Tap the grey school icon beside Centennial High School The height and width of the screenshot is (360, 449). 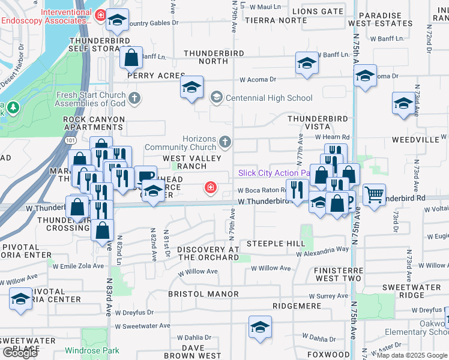pos(216,97)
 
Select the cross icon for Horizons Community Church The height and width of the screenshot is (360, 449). pos(225,142)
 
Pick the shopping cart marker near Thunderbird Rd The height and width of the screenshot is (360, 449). pos(374,193)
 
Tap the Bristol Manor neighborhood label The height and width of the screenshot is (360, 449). pos(203,294)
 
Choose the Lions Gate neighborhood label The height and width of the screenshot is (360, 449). pos(318,11)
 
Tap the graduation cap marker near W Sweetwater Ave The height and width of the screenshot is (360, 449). pos(260,327)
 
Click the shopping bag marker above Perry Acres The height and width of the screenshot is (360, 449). pos(131,58)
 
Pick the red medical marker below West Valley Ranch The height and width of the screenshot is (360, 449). pos(211,188)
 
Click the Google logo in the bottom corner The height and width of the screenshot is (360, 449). pos(19,352)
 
